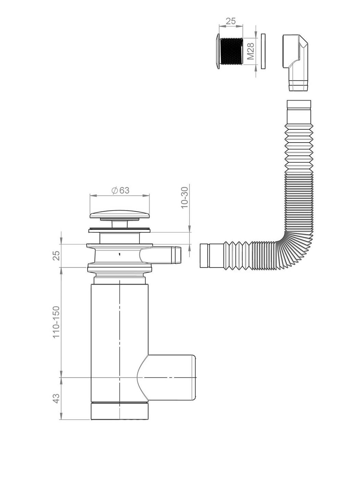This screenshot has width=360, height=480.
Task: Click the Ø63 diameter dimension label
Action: [120, 190]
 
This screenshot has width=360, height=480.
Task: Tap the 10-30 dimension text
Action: [185, 198]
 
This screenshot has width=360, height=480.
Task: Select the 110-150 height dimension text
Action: [56, 322]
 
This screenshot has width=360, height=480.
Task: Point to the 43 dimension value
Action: [56, 398]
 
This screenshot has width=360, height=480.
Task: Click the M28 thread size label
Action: [251, 51]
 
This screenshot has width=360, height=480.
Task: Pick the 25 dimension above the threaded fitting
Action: [231, 21]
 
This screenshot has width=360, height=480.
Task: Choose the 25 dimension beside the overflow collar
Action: [56, 255]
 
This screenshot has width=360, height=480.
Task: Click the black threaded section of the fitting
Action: [231, 51]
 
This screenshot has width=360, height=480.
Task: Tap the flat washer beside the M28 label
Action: [263, 51]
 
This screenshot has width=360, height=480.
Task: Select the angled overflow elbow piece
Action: [295, 62]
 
